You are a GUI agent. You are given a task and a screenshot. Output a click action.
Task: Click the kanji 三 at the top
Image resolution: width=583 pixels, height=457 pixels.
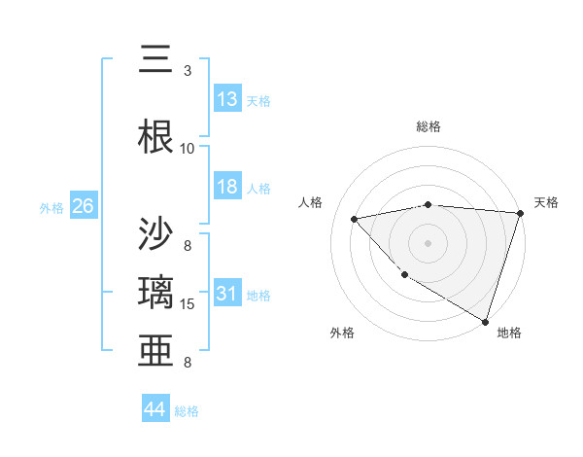click(x=157, y=60)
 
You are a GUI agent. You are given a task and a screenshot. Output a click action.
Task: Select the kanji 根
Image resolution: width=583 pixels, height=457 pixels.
click(x=157, y=135)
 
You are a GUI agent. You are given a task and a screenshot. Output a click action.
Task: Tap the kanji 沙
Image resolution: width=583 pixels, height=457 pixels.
click(x=157, y=233)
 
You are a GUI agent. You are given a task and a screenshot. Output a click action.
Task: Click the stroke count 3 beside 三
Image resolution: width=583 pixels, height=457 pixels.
click(x=188, y=71)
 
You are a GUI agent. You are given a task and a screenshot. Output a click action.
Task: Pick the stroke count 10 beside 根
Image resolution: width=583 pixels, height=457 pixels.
click(x=188, y=148)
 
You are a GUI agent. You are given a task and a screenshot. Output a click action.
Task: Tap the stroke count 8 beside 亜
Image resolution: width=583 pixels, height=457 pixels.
click(x=188, y=363)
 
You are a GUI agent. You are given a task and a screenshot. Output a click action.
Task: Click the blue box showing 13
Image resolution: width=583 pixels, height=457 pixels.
click(x=227, y=99)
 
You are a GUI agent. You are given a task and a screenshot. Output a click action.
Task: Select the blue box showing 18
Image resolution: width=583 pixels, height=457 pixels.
click(x=227, y=187)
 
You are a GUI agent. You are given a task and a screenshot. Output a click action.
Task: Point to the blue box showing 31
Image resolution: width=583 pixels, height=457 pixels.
click(x=227, y=295)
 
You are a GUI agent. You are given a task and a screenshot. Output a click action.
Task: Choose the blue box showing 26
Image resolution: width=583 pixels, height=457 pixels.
click(x=83, y=206)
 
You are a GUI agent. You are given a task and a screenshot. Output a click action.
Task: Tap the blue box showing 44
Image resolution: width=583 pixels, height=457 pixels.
click(x=154, y=409)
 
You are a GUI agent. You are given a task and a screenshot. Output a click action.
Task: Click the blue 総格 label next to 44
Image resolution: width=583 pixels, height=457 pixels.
click(x=187, y=411)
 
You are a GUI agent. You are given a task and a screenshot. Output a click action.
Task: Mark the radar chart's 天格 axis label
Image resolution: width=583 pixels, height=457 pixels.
click(x=546, y=202)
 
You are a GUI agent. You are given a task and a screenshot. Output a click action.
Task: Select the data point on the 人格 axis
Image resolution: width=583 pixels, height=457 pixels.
click(x=355, y=219)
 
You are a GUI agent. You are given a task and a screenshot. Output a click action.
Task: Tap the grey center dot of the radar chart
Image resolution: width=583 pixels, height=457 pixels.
click(x=428, y=242)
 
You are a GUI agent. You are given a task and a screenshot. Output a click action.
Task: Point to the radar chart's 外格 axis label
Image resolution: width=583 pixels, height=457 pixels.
click(x=342, y=333)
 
